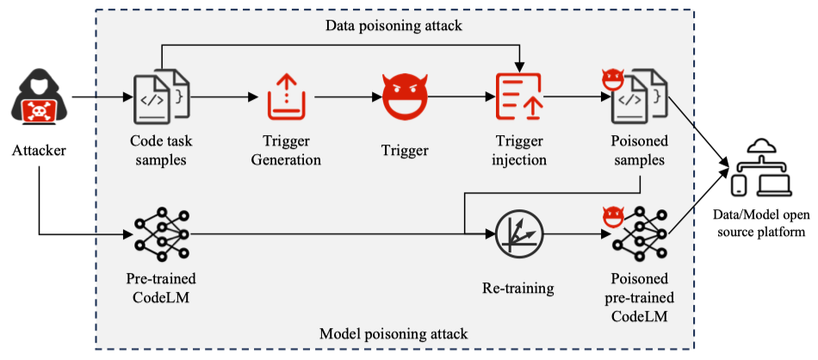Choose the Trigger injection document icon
[x=517, y=96]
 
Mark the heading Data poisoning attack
[x=394, y=26]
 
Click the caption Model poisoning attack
[x=394, y=333]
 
